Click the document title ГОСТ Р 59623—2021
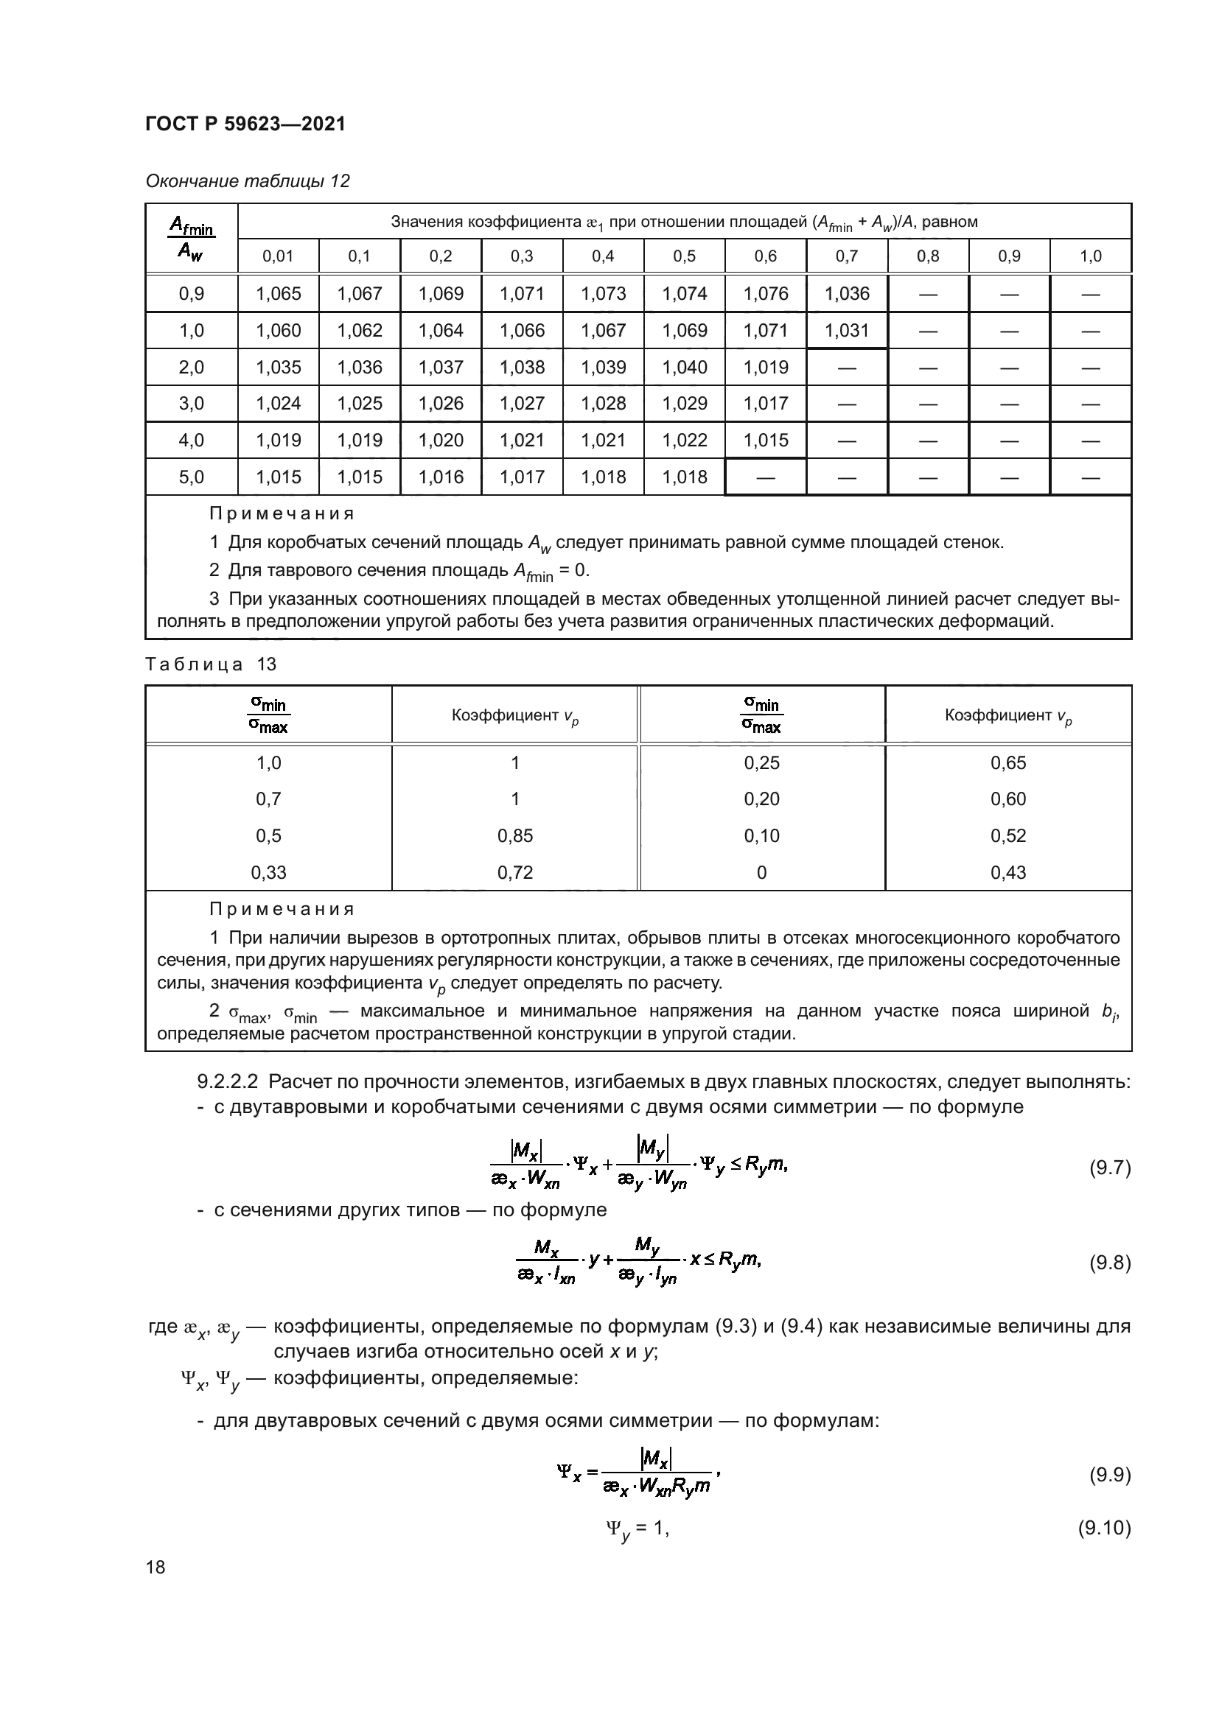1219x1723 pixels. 245,124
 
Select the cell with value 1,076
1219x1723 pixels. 765,293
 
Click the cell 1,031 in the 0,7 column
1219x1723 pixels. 846,330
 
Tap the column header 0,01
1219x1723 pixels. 278,256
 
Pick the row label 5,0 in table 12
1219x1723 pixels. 192,477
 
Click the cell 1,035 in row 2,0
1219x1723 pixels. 278,367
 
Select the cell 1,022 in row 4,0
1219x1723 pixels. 684,440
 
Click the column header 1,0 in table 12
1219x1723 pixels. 1090,256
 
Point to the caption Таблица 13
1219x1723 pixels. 211,664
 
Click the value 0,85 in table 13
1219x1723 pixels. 515,835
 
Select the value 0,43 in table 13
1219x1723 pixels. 1007,872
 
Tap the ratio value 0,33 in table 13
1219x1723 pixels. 269,872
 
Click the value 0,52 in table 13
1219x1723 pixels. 1007,835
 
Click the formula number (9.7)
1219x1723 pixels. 1109,1168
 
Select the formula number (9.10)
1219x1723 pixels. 1104,1528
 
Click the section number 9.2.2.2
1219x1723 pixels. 228,1081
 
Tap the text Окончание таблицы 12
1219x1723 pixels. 248,181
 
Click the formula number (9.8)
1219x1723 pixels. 1109,1263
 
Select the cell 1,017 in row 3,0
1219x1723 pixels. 765,403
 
